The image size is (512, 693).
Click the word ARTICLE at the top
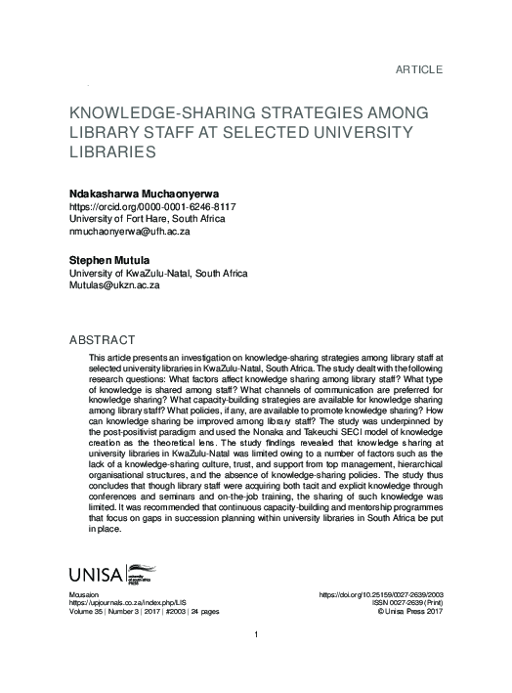(419, 69)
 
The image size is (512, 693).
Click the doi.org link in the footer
(382, 594)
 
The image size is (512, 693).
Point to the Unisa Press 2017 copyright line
(407, 613)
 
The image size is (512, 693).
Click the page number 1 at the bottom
(255, 665)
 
